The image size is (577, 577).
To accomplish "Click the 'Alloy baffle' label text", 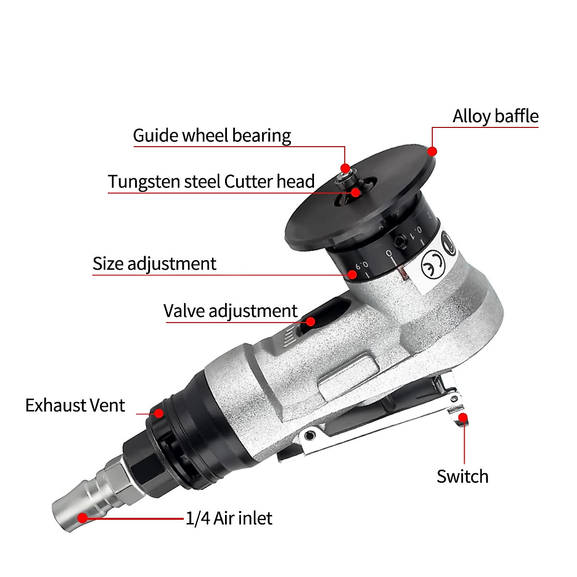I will pos(495,116).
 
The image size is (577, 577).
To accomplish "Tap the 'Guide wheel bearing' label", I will pos(212,136).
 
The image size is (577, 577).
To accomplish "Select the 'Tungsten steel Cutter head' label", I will pos(211,182).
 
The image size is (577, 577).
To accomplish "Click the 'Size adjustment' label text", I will pos(154,263).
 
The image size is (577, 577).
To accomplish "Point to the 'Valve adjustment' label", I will pos(230,311).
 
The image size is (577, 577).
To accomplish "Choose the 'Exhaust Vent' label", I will pos(75,405).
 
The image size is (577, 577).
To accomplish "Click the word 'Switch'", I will pos(462,477).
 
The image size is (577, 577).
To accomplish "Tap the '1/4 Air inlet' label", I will pos(229,518).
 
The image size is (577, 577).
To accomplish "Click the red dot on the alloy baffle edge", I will pos(432,151).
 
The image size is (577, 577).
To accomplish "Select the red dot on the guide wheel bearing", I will pos(345,168).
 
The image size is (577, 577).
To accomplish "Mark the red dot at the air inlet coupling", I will pos(83,518).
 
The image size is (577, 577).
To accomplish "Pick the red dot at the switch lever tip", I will pos(463,417).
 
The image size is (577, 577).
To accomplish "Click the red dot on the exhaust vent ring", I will pos(158,413).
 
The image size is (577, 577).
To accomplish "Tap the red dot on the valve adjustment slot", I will pos(311,321).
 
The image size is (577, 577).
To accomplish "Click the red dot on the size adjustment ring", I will pos(352,275).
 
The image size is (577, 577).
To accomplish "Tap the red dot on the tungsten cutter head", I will pos(356,192).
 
